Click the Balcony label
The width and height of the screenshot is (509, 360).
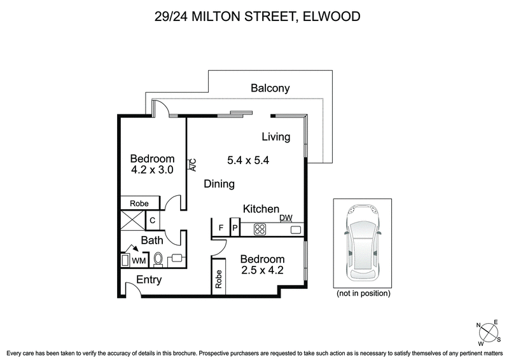pyautogui.click(x=270, y=88)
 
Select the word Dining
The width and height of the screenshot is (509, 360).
pyautogui.click(x=220, y=184)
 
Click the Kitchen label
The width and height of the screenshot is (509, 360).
pyautogui.click(x=261, y=209)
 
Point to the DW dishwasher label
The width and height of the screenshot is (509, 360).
pyautogui.click(x=286, y=218)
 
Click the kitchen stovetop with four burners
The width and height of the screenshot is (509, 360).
pyautogui.click(x=261, y=228)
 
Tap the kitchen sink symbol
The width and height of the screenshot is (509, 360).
pyautogui.click(x=295, y=229)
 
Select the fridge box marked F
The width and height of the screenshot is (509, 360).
pyautogui.click(x=221, y=228)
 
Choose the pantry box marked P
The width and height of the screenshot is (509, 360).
pyautogui.click(x=234, y=228)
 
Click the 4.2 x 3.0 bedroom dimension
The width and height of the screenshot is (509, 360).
pyautogui.click(x=152, y=170)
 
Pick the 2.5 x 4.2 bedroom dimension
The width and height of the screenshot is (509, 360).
pyautogui.click(x=261, y=270)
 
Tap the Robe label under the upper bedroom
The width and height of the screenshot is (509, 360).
pyautogui.click(x=139, y=203)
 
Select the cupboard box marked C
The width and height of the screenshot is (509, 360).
pyautogui.click(x=152, y=221)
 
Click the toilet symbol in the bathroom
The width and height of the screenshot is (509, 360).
pyautogui.click(x=160, y=259)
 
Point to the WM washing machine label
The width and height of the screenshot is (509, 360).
pyautogui.click(x=138, y=260)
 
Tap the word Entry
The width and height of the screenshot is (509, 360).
pyautogui.click(x=149, y=280)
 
